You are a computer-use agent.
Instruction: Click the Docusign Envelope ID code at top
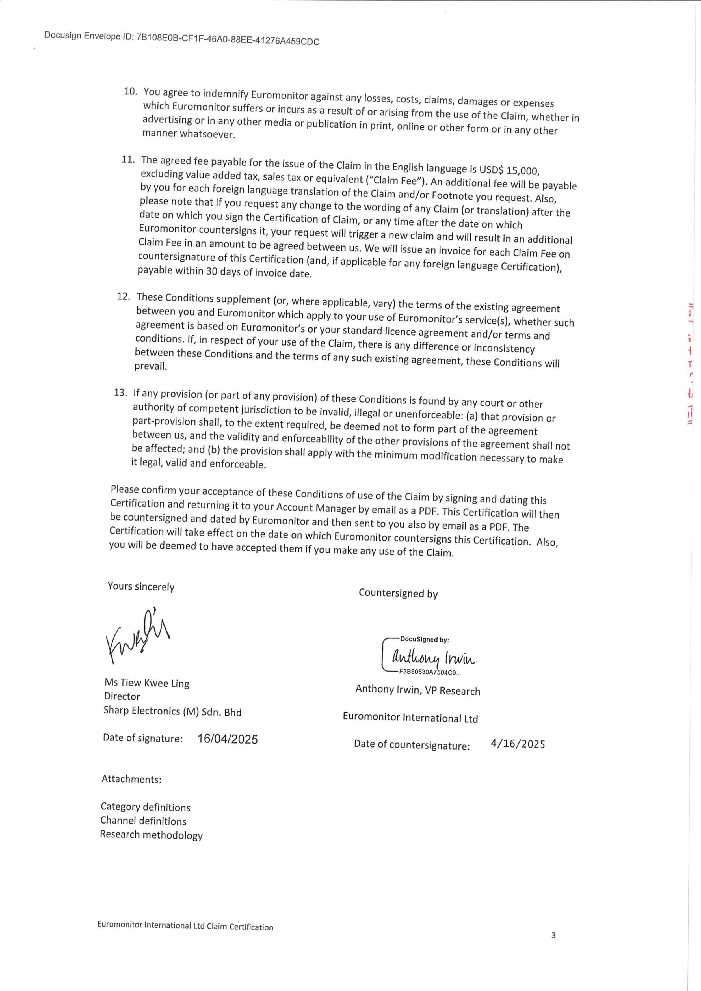click(x=228, y=40)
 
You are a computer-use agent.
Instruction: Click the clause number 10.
click(x=130, y=91)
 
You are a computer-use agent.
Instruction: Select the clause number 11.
click(x=128, y=159)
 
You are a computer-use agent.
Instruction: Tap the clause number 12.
click(x=124, y=296)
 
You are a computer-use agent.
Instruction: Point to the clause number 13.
click(x=120, y=392)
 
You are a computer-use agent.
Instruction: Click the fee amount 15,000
click(x=523, y=170)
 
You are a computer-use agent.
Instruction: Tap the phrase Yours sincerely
click(x=141, y=586)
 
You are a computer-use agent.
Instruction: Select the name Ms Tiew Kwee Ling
click(x=147, y=683)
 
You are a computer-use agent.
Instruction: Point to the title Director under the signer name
click(x=122, y=696)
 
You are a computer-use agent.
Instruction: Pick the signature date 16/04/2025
click(x=228, y=739)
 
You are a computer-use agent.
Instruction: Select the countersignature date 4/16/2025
click(x=518, y=744)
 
